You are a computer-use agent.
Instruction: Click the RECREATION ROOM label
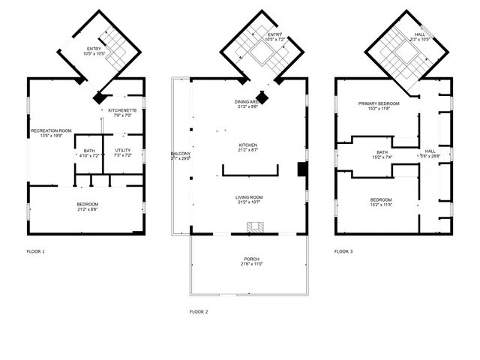pos(51,130)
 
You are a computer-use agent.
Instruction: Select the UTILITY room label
pos(123,151)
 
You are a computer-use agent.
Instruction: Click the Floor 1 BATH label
pos(89,151)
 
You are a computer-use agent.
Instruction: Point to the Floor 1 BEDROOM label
pos(87,204)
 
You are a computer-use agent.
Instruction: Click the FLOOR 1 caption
pos(36,251)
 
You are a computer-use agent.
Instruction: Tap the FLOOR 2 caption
pos(199,310)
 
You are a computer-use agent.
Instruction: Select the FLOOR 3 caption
pos(343,251)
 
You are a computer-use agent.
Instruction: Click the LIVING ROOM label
pos(248,196)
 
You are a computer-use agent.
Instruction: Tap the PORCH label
pos(251,259)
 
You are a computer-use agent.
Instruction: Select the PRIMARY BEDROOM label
pos(378,103)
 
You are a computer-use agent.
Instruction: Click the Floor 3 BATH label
pos(382,152)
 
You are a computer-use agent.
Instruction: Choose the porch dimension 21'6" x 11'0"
pos(251,264)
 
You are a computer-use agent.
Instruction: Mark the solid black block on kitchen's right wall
pos(301,169)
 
